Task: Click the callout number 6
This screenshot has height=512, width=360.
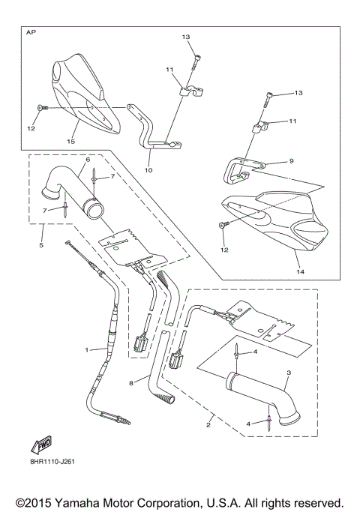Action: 88,160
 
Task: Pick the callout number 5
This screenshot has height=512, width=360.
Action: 42,245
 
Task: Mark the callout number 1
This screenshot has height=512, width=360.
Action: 86,350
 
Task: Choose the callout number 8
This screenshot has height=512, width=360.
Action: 132,382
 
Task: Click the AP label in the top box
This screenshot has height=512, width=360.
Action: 31,34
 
